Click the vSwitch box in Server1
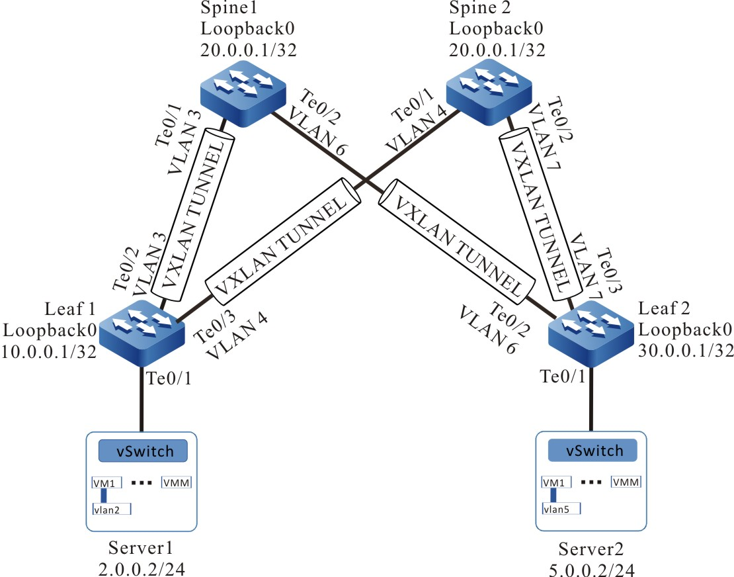pos(142,451)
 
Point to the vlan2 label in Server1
pos(112,508)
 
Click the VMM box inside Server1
pos(177,482)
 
